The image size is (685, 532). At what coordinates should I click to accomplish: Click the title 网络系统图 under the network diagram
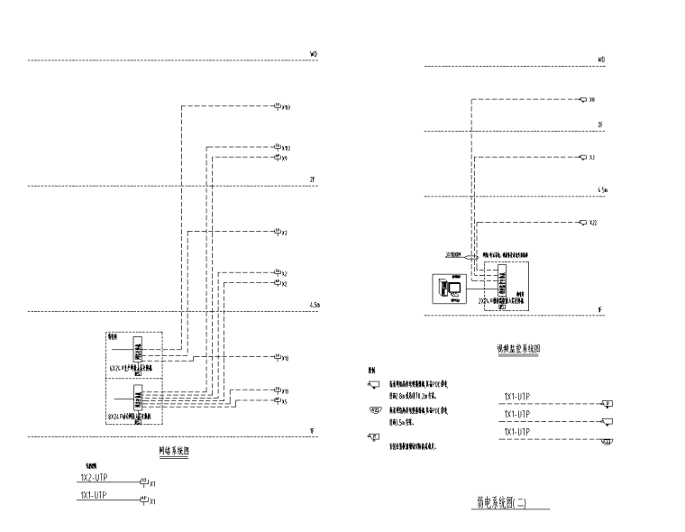click(173, 452)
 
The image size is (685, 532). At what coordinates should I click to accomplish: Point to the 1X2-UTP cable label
click(95, 477)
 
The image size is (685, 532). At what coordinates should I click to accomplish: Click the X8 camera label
click(592, 100)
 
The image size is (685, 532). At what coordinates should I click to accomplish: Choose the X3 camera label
click(592, 158)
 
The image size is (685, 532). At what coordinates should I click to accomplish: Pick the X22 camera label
click(593, 223)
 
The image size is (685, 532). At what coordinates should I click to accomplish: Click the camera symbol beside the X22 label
click(582, 223)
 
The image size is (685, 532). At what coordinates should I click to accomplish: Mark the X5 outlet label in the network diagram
click(285, 401)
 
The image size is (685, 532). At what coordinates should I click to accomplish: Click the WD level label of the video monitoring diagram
click(601, 60)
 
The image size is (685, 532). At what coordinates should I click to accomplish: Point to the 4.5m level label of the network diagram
click(315, 307)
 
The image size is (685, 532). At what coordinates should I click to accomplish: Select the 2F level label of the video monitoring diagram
click(601, 124)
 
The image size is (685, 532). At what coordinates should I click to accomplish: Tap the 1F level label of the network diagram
click(312, 431)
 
